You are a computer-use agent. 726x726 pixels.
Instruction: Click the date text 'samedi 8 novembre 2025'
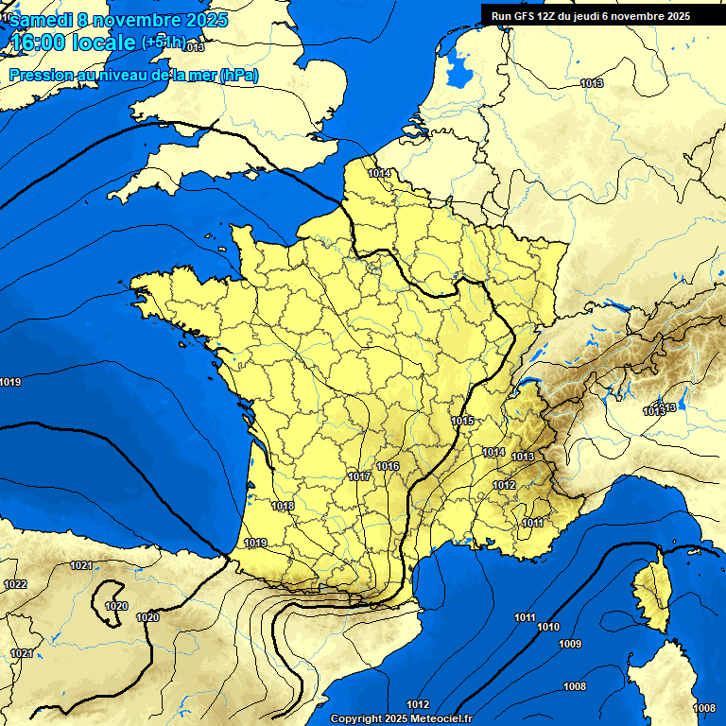pyautogui.click(x=118, y=20)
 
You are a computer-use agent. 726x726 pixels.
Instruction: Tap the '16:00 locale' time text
pyautogui.click(x=73, y=43)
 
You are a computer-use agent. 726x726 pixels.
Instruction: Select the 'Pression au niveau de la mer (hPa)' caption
pyautogui.click(x=133, y=76)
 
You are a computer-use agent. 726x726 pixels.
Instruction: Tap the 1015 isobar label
pyautogui.click(x=462, y=421)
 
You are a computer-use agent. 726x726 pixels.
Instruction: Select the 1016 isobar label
pyautogui.click(x=388, y=466)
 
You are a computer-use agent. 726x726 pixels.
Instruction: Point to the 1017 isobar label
pyautogui.click(x=359, y=476)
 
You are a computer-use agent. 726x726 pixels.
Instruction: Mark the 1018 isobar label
pyautogui.click(x=283, y=507)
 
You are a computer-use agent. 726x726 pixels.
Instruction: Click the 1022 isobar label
pyautogui.click(x=15, y=585)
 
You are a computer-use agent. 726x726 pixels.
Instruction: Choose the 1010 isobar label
pyautogui.click(x=548, y=628)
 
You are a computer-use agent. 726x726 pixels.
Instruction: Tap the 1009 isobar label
pyautogui.click(x=570, y=645)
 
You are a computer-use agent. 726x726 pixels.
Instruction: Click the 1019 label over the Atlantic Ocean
pyautogui.click(x=10, y=382)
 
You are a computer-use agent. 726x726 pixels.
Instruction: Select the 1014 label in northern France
pyautogui.click(x=380, y=173)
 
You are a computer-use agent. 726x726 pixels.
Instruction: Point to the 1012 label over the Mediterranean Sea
pyautogui.click(x=418, y=704)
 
